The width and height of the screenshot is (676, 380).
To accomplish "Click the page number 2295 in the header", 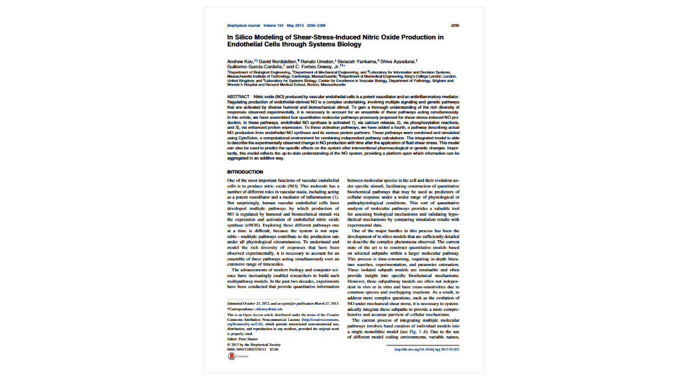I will (x=455, y=25).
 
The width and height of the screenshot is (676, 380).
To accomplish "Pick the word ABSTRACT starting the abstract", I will (x=238, y=97).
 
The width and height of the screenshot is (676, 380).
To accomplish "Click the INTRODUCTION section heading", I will (x=245, y=172).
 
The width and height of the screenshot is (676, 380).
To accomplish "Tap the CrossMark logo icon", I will (x=232, y=356).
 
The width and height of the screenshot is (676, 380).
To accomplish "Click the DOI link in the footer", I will (x=427, y=349).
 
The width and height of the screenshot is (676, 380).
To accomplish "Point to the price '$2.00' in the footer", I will (x=274, y=349).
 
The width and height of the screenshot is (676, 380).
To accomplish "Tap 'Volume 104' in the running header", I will (x=274, y=25).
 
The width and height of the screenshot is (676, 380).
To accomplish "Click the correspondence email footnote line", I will (x=256, y=309).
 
